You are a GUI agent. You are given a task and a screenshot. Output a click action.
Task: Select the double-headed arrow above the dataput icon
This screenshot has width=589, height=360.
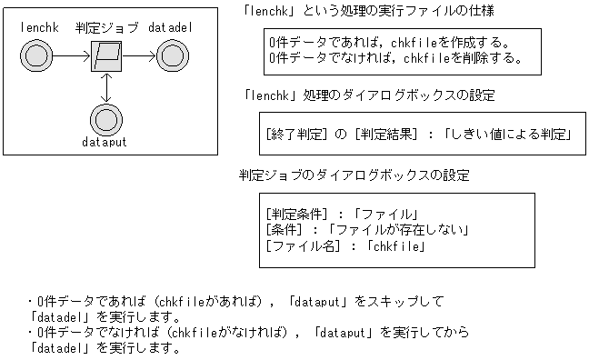point(107,88)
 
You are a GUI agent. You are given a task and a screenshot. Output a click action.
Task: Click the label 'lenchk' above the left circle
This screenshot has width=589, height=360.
point(38,28)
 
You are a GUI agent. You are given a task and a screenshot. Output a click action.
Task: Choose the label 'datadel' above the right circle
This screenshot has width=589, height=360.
point(171,28)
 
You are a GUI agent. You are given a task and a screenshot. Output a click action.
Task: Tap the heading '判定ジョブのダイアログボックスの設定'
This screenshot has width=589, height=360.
point(354,175)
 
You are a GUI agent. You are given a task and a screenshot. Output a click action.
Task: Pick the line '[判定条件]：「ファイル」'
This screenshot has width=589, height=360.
point(341,215)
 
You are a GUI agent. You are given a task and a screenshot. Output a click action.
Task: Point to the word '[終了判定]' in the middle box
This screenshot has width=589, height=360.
point(294,135)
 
